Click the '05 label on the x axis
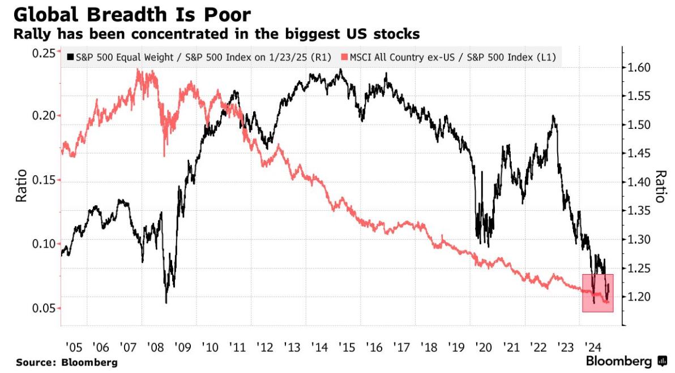click(73, 346)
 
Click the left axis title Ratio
click(22, 187)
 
